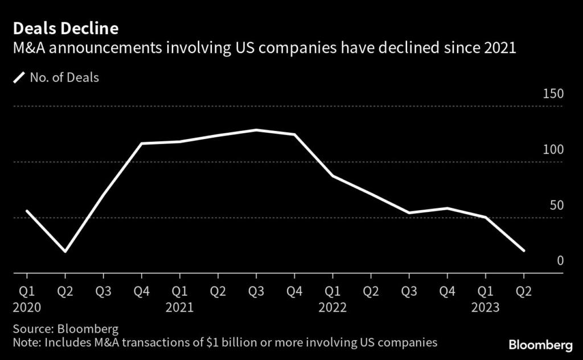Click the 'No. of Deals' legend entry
(63, 77)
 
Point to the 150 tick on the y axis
(552, 94)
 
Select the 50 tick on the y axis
(555, 206)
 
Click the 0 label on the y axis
(560, 261)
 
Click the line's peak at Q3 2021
(256, 130)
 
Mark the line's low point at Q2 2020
(65, 251)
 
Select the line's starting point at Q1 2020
(27, 211)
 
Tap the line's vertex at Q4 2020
(141, 144)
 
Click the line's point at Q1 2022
(332, 176)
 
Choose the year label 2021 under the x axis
(179, 308)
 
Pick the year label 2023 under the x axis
(485, 308)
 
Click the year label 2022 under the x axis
(332, 308)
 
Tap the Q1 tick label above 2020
(27, 292)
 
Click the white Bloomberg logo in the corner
(540, 345)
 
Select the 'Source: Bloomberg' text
(58, 329)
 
